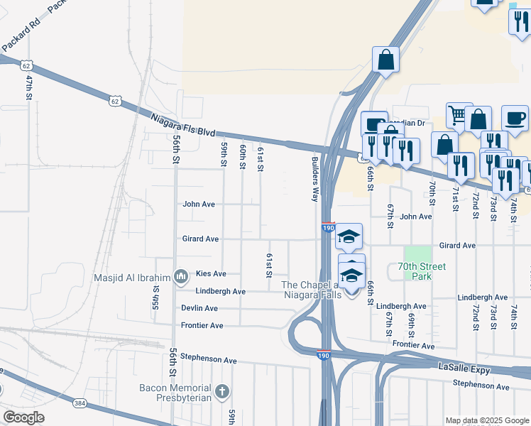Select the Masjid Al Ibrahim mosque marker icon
click(x=180, y=275)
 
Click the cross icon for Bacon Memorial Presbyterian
click(x=221, y=390)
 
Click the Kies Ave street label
click(x=211, y=274)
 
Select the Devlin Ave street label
click(x=200, y=309)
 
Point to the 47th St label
click(x=30, y=87)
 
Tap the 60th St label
click(x=242, y=155)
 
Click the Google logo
click(x=23, y=417)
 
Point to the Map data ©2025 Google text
click(x=486, y=420)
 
